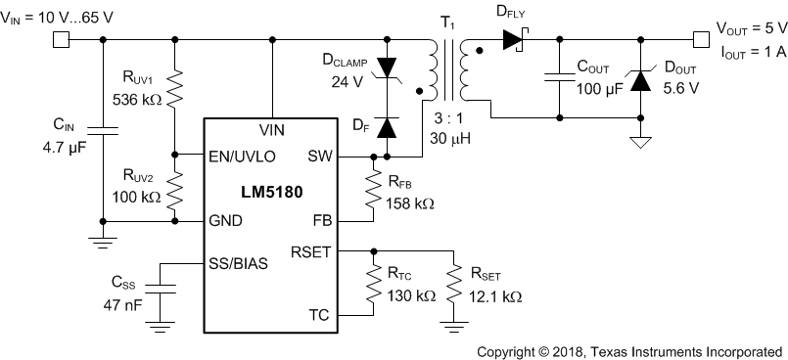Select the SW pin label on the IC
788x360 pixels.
320,156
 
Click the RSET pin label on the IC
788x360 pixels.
311,250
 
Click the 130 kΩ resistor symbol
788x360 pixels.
373,283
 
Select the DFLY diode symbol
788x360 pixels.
515,39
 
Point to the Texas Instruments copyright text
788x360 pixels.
629,350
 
